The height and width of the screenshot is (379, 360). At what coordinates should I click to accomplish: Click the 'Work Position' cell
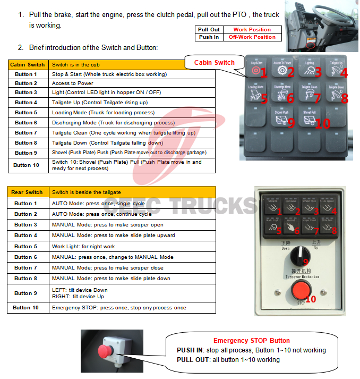click(252, 30)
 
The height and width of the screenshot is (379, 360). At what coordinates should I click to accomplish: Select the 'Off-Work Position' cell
click(252, 37)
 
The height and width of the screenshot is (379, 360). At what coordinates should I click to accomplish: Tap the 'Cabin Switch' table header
click(28, 64)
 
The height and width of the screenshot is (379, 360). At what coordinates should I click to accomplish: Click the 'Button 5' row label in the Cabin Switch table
click(26, 113)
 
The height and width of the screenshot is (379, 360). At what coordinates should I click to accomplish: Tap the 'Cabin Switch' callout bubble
click(214, 63)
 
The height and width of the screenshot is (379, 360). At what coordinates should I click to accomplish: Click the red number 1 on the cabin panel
click(264, 73)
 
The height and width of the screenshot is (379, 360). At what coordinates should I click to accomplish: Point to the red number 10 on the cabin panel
click(322, 123)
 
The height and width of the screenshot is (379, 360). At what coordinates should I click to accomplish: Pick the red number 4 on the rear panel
click(333, 212)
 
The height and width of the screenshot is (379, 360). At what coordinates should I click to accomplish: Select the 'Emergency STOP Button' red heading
click(251, 341)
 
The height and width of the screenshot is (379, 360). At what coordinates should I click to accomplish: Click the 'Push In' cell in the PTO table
click(209, 37)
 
